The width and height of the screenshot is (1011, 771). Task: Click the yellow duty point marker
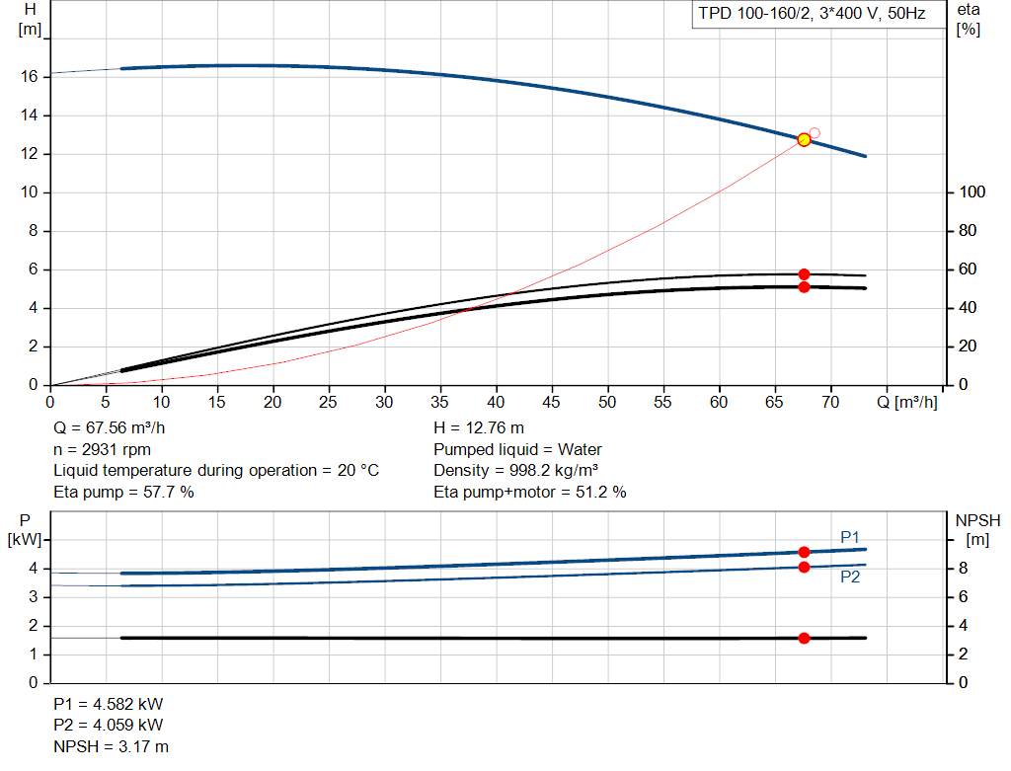tap(804, 140)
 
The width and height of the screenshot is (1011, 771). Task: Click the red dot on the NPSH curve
tap(804, 638)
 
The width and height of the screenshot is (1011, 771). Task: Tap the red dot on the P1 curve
tap(804, 553)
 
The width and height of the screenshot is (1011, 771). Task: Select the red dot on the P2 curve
tap(804, 568)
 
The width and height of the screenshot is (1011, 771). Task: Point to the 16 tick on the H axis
tap(29, 77)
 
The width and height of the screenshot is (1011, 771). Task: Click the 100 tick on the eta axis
tap(972, 193)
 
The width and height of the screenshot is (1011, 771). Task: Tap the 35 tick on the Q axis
tap(439, 402)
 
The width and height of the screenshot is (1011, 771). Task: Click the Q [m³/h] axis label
tap(907, 402)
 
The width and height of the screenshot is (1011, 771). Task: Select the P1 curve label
tap(850, 537)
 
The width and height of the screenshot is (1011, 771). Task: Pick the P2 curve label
tap(850, 577)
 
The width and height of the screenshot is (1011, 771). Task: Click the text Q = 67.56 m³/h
tap(109, 428)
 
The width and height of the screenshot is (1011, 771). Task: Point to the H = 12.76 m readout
tap(479, 428)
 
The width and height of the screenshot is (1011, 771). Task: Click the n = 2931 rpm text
tap(102, 449)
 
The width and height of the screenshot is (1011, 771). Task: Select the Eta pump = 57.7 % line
tap(123, 492)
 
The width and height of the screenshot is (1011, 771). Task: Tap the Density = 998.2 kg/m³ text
tap(515, 471)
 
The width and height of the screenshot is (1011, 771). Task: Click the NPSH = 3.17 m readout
tap(111, 746)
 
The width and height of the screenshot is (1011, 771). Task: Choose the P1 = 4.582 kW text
tap(109, 704)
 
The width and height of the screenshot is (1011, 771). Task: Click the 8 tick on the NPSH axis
tap(963, 569)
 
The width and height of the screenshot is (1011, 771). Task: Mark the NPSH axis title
tap(978, 520)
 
